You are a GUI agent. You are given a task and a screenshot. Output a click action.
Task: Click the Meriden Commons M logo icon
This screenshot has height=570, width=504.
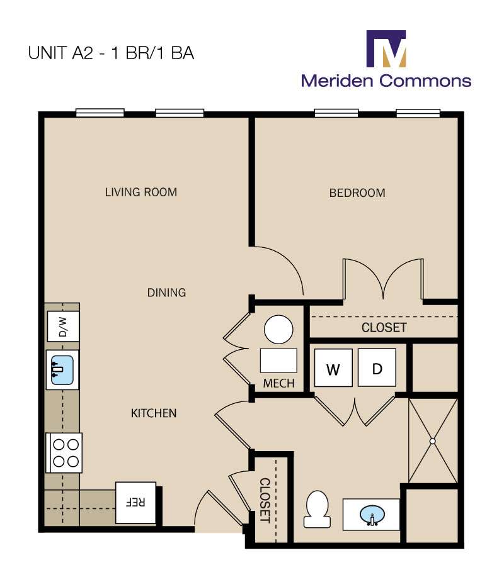tap(386, 48)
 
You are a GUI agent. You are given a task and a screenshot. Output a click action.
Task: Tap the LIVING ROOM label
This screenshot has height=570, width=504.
tap(141, 192)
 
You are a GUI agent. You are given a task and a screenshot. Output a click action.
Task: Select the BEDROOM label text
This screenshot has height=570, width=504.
tap(357, 193)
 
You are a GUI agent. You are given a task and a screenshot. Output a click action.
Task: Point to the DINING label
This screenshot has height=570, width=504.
tap(166, 293)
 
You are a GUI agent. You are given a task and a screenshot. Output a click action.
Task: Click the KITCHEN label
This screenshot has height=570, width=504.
tap(153, 413)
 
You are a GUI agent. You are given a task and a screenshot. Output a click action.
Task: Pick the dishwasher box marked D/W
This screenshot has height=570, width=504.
tap(63, 327)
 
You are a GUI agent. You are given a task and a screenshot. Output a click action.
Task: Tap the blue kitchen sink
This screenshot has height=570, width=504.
tap(62, 369)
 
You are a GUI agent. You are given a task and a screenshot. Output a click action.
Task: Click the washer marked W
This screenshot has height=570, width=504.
tap(333, 368)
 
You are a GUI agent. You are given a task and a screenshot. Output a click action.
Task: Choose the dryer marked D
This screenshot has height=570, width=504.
tap(377, 367)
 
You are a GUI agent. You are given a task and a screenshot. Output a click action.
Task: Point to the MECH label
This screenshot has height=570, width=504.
tap(279, 384)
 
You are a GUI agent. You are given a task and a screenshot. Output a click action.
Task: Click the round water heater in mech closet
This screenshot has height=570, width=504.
tap(278, 329)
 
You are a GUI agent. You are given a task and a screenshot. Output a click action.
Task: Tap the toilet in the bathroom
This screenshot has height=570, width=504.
tap(318, 509)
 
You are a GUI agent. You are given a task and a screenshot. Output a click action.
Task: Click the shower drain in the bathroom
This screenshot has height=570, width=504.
tap(433, 441)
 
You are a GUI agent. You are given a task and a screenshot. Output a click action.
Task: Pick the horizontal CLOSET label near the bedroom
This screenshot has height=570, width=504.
tap(384, 328)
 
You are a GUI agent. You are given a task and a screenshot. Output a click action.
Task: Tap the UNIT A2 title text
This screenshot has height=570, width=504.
tap(111, 53)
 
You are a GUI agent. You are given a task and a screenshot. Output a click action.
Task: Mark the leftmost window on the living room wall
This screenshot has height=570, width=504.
tap(100, 113)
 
